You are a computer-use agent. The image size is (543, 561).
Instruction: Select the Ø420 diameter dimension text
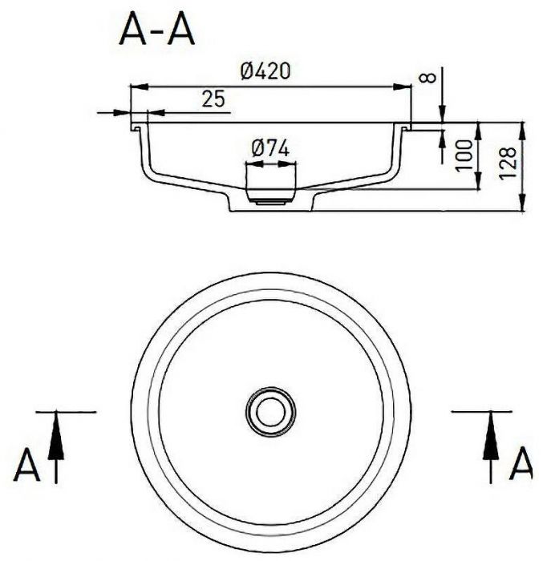(265, 71)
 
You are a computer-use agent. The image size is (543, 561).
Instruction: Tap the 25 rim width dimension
(213, 99)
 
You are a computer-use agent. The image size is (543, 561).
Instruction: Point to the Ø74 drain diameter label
(269, 148)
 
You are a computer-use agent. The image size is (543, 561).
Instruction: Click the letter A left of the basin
(26, 466)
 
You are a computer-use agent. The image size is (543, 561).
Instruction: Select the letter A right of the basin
(521, 464)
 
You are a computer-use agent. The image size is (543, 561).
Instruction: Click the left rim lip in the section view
(137, 127)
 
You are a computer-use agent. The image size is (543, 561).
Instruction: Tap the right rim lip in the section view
(405, 127)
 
